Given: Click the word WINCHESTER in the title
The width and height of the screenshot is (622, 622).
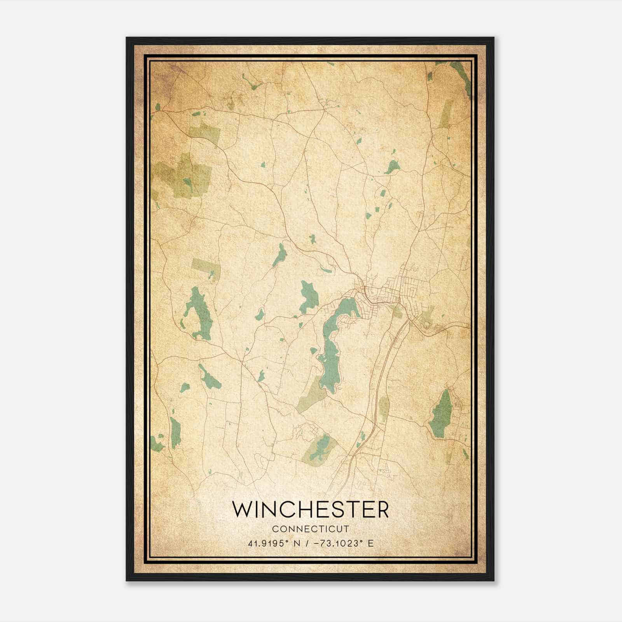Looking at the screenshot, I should coord(310,509).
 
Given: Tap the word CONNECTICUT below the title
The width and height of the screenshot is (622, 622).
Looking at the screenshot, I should coord(311,529).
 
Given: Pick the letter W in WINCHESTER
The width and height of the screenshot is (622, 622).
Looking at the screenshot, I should coord(242,509).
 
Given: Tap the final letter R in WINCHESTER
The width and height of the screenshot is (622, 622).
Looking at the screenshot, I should coord(382,509).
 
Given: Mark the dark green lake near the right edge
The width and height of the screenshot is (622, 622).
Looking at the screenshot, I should coord(442,414).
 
